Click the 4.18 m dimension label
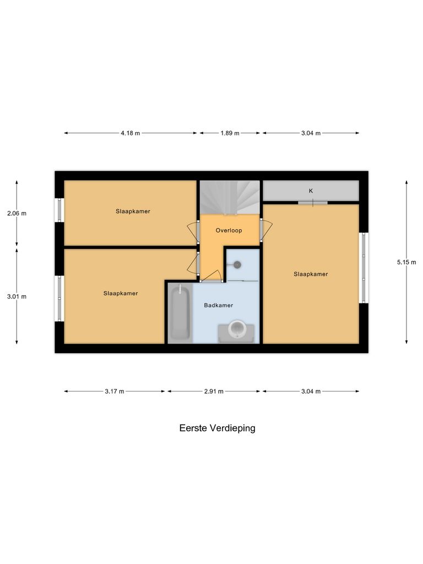(x=131, y=133)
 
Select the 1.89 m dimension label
(x=230, y=133)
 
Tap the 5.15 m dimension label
(x=406, y=263)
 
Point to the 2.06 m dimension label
(x=17, y=213)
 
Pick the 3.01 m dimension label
(x=17, y=296)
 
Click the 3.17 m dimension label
(x=115, y=392)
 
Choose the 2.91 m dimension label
(x=214, y=392)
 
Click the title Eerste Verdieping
(x=217, y=428)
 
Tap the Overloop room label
(x=229, y=231)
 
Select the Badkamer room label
(x=218, y=305)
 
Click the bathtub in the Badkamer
(x=180, y=312)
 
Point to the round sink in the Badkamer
(x=237, y=330)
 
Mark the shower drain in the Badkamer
(x=237, y=265)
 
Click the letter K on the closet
(x=311, y=191)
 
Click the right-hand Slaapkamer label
(x=311, y=274)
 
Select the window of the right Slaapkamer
(x=363, y=268)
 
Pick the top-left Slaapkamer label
(x=133, y=211)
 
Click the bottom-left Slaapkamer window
(x=59, y=298)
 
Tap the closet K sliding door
(x=313, y=203)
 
